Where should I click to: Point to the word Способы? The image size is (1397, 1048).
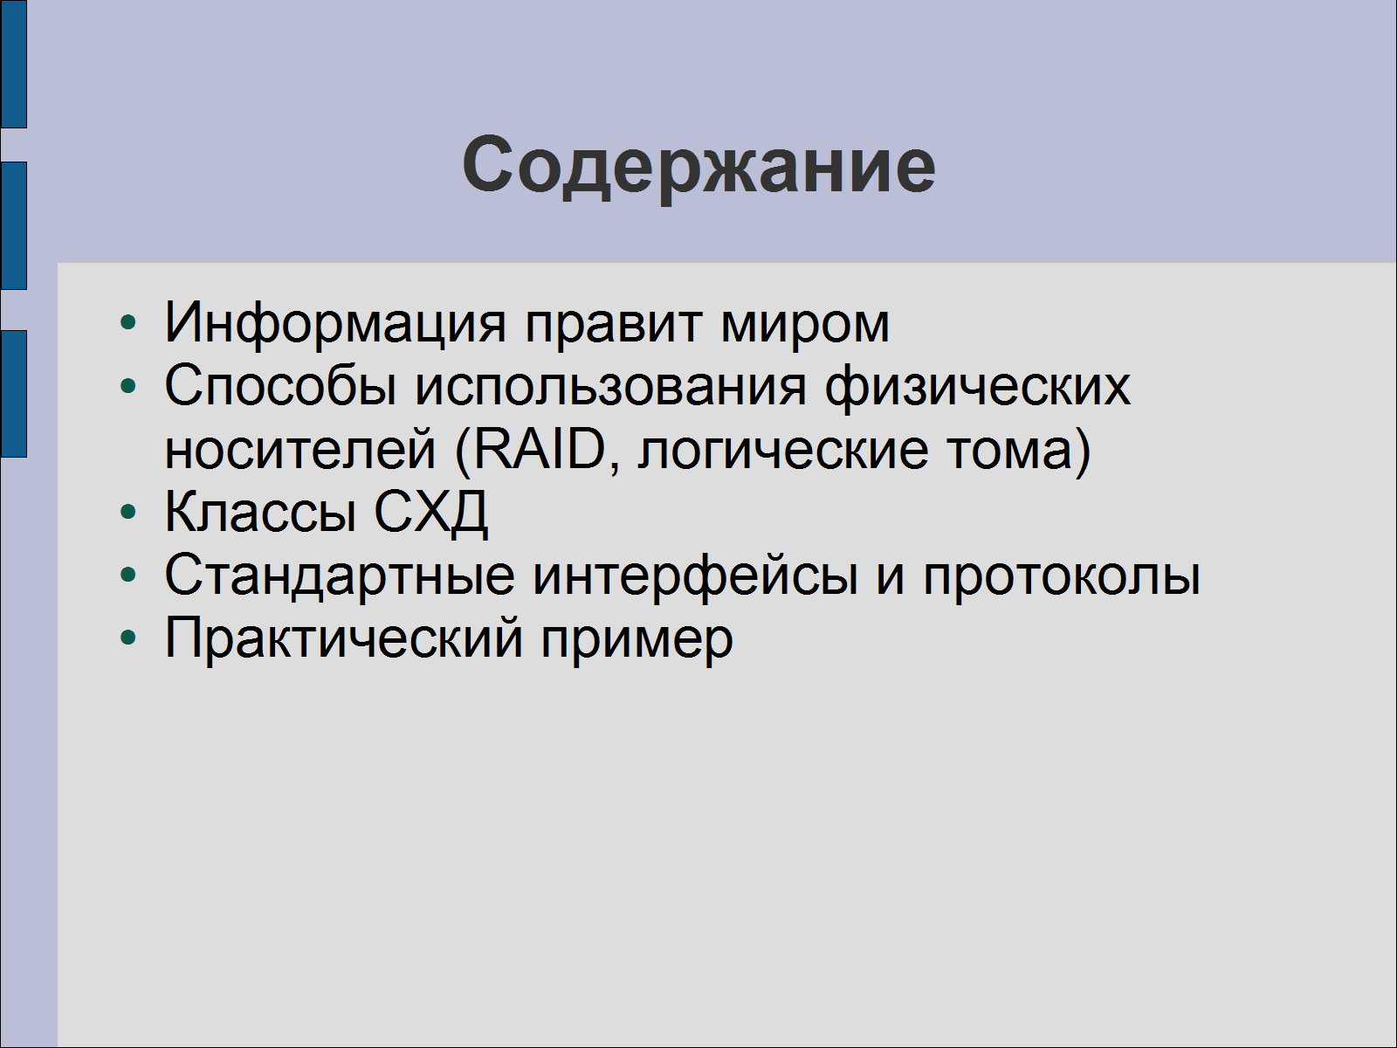click(x=280, y=386)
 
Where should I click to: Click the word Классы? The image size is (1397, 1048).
click(x=260, y=513)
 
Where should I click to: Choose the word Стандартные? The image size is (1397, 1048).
click(x=340, y=576)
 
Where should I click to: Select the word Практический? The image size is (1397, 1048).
click(x=344, y=639)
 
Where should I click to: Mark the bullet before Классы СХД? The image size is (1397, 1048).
click(x=128, y=512)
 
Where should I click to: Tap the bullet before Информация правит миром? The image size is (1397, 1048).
click(x=128, y=322)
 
